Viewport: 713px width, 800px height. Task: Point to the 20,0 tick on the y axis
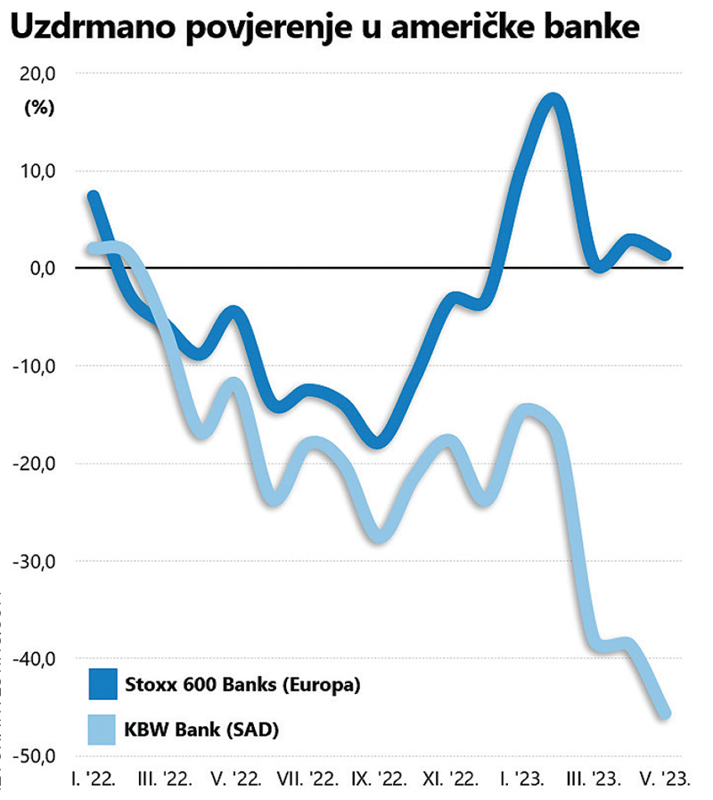point(38,74)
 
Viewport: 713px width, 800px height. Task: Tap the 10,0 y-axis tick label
point(38,171)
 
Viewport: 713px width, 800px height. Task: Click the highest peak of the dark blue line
point(553,99)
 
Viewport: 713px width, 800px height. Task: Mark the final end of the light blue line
point(665,713)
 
